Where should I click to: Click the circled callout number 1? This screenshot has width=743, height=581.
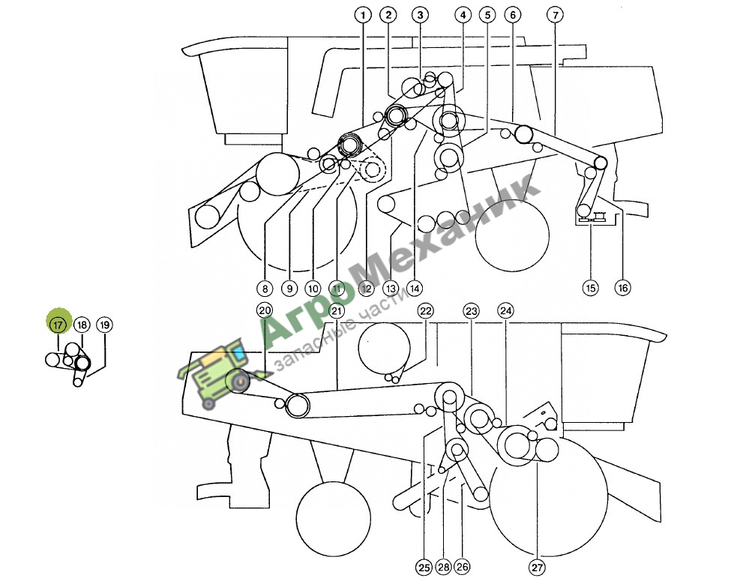click(x=363, y=15)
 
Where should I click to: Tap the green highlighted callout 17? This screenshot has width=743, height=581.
click(x=58, y=325)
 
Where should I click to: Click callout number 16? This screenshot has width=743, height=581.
click(x=622, y=287)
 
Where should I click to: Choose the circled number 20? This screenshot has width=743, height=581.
click(x=265, y=311)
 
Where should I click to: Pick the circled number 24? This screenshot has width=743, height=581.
click(x=505, y=311)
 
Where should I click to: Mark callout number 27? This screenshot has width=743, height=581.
click(x=537, y=568)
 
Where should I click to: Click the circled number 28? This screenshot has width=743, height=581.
click(x=444, y=568)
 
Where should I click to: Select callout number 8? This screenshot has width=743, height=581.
click(x=265, y=288)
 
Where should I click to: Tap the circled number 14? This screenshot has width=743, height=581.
click(x=414, y=288)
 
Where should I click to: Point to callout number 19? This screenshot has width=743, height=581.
click(x=105, y=325)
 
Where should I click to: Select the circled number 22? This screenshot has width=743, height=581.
click(x=426, y=311)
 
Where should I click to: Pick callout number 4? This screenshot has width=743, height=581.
click(x=463, y=15)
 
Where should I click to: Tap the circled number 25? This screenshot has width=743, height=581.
click(x=424, y=568)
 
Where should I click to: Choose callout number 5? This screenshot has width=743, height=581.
click(x=487, y=15)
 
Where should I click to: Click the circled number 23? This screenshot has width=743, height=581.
click(x=471, y=311)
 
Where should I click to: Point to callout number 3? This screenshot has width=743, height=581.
click(x=420, y=15)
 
